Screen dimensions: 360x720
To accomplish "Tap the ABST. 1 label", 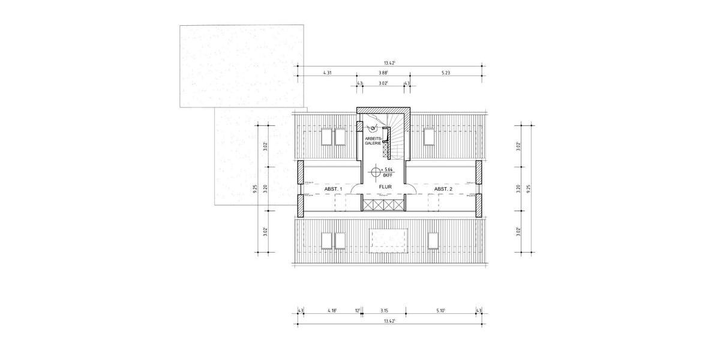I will pos(333,189).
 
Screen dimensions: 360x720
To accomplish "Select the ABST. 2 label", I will pos(443,189).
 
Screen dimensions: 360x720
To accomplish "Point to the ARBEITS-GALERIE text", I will pos(372,140).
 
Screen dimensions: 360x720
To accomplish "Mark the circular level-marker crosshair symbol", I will pos(376,173).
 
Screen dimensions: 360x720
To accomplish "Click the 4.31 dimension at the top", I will pos(328,73).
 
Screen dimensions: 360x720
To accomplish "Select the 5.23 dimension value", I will pos(446,73).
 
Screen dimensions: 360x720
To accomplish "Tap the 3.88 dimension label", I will pos(383,73).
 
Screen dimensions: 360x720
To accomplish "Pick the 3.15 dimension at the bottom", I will pos(385,310).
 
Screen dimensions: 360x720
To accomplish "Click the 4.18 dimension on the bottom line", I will pos(332,310).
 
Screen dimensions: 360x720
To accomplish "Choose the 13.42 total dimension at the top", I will pos(391,61).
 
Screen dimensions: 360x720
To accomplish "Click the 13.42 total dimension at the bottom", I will pos(389,321).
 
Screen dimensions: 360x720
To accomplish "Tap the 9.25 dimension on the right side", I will pos(529,187).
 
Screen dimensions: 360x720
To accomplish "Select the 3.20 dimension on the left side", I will pos(265,187).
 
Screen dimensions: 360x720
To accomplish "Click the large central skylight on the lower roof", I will pos(389,240).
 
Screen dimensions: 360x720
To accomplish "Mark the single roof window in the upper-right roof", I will pos(429,136).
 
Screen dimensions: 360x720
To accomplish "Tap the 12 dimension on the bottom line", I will pos(357,310).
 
